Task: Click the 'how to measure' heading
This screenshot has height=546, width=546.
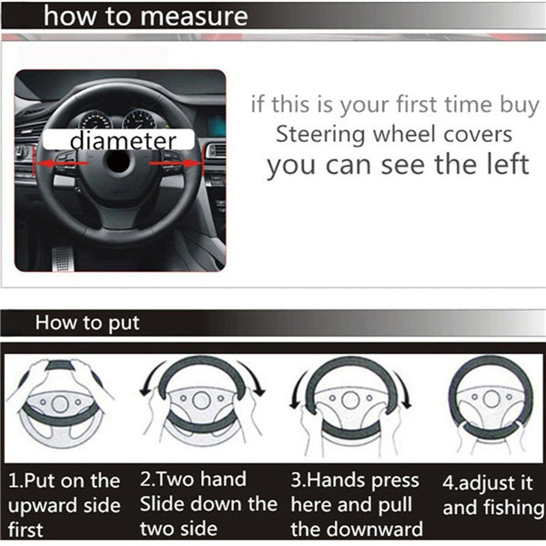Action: click(146, 16)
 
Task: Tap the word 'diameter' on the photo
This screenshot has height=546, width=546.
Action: click(123, 141)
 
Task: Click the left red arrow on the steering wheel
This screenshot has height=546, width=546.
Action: click(61, 163)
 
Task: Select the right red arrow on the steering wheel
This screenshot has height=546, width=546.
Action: click(176, 163)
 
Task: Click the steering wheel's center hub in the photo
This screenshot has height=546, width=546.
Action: click(118, 162)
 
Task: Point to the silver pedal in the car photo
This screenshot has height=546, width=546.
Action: click(63, 259)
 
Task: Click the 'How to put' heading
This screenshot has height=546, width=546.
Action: click(87, 323)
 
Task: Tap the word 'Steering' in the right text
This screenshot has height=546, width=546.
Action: click(320, 135)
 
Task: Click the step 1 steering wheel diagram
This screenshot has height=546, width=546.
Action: click(60, 403)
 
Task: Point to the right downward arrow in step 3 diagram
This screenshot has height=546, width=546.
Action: click(403, 389)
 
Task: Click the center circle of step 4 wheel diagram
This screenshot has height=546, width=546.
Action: click(491, 399)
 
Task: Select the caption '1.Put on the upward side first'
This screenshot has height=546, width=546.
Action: click(64, 505)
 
